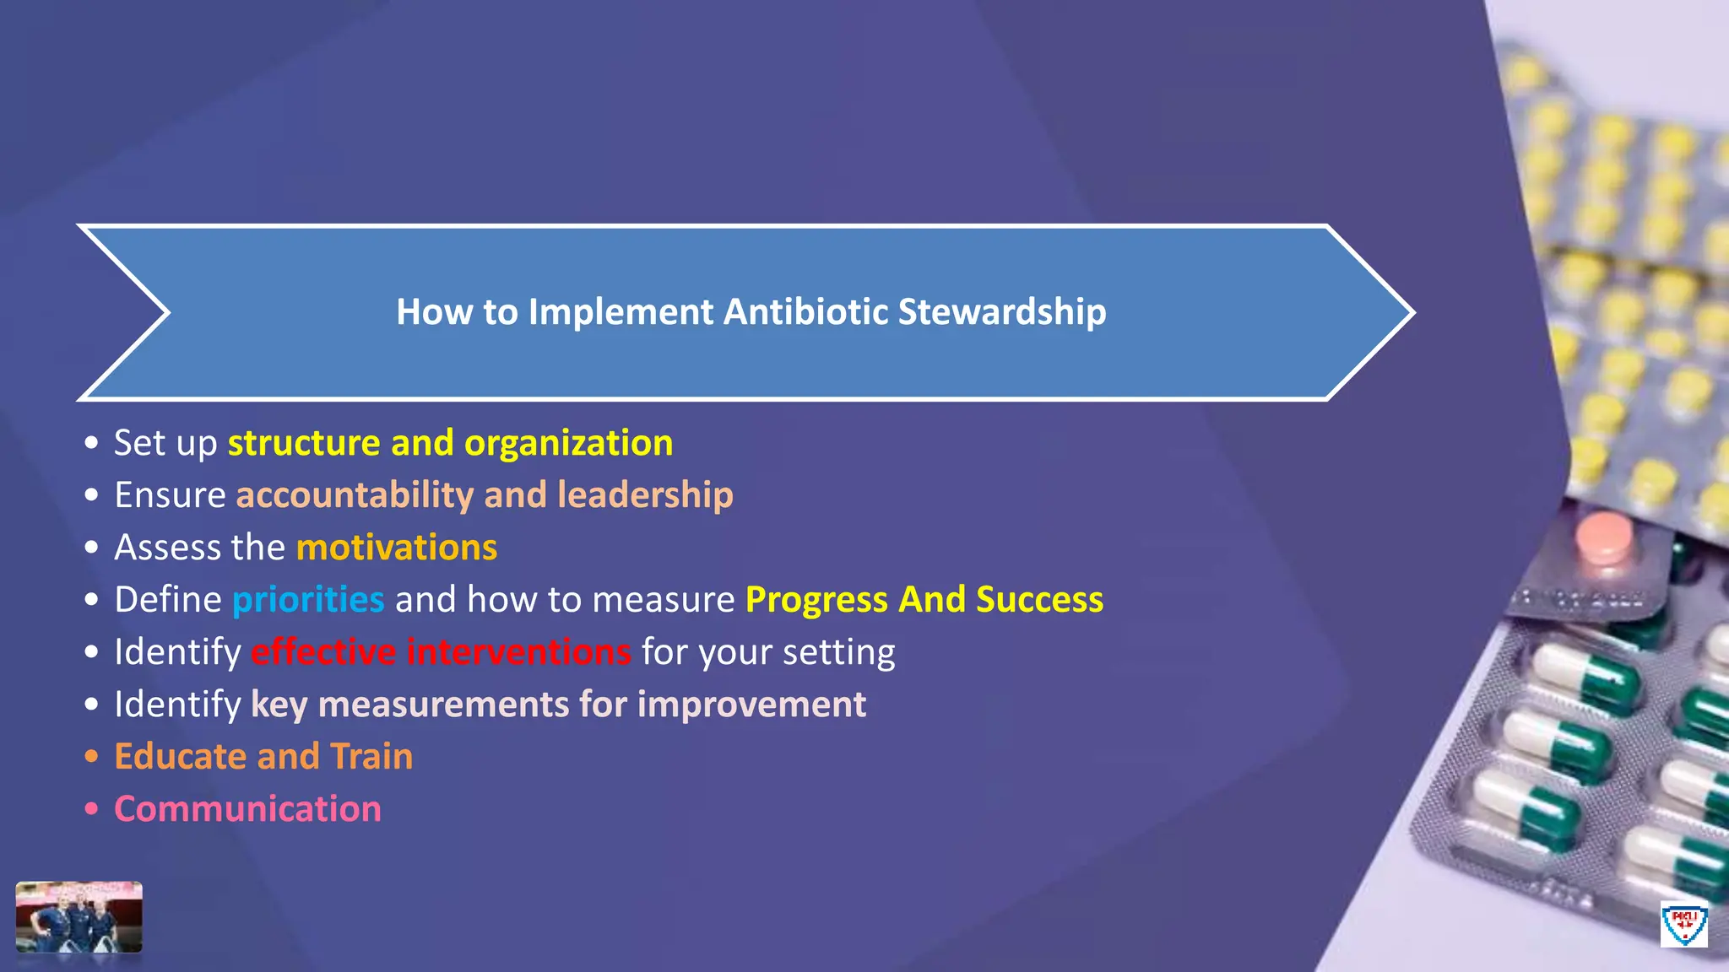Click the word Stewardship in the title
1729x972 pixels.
[1001, 312]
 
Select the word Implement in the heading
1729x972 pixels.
[621, 312]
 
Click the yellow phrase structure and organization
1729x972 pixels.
[450, 444]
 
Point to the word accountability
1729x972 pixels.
[354, 496]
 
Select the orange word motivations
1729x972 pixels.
[397, 548]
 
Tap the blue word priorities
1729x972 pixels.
[308, 600]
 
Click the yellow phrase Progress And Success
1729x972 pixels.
[924, 600]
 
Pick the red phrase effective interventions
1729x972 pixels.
[441, 652]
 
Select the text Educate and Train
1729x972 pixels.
[263, 757]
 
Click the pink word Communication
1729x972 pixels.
[247, 809]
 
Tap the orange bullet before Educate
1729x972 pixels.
[91, 757]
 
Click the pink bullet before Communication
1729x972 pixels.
[91, 809]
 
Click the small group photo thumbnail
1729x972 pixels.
[79, 917]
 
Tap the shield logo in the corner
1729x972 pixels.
[1683, 924]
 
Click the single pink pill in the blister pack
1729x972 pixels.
[1602, 538]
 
